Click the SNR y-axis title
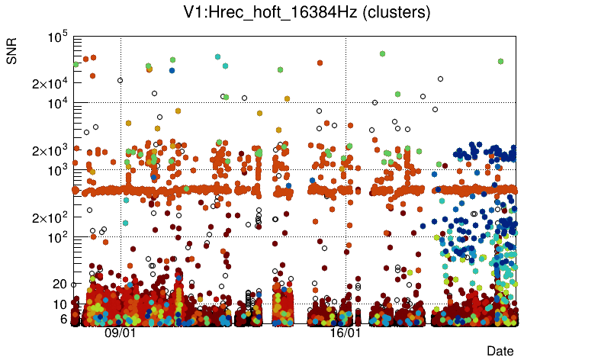12,54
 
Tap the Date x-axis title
500,350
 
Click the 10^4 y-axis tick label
59,103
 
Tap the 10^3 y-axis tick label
59,170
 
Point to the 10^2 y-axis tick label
59,237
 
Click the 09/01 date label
120,333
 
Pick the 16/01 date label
345,333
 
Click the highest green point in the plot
382,53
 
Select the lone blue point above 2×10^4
172,70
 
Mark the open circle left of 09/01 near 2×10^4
120,80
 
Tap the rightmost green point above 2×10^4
500,61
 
